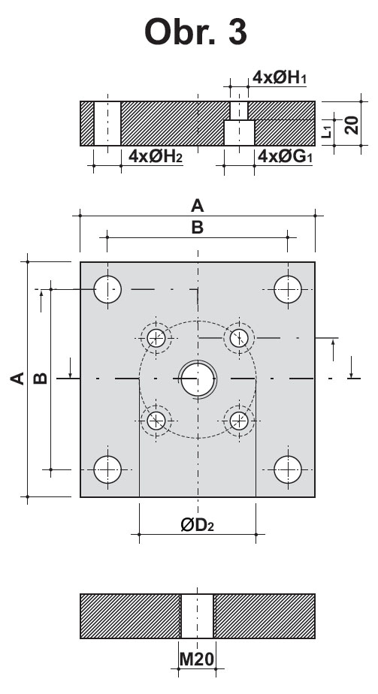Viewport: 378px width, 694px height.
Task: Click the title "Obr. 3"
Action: (x=195, y=32)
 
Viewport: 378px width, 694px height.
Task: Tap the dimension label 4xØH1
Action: (x=280, y=77)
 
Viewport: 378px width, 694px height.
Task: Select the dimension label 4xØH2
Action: (x=156, y=156)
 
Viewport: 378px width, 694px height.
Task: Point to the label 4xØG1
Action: (x=285, y=156)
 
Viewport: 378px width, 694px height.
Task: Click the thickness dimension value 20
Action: (x=352, y=125)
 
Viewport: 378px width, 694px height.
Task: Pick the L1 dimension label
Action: (x=327, y=131)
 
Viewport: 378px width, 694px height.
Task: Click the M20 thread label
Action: (x=197, y=659)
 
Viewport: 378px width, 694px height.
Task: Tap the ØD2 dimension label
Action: (x=198, y=525)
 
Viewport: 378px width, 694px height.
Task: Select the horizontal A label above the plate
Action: (x=197, y=206)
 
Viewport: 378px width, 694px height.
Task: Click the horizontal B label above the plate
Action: (x=197, y=228)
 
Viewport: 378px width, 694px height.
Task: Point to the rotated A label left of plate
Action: (x=17, y=379)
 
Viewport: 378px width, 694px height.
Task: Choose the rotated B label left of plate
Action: (x=41, y=379)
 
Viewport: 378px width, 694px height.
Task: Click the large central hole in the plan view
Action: (x=198, y=379)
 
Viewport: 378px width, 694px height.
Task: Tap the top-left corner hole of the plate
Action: (x=107, y=289)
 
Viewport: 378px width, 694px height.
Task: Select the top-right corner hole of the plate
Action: (x=288, y=289)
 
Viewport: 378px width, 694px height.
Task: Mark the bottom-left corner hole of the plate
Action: (x=107, y=469)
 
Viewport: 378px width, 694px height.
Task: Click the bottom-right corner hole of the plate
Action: (x=288, y=469)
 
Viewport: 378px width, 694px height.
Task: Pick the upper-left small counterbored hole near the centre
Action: (x=156, y=338)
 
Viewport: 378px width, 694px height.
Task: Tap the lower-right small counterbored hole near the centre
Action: (x=239, y=421)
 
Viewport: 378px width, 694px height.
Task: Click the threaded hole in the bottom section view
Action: (x=198, y=616)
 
